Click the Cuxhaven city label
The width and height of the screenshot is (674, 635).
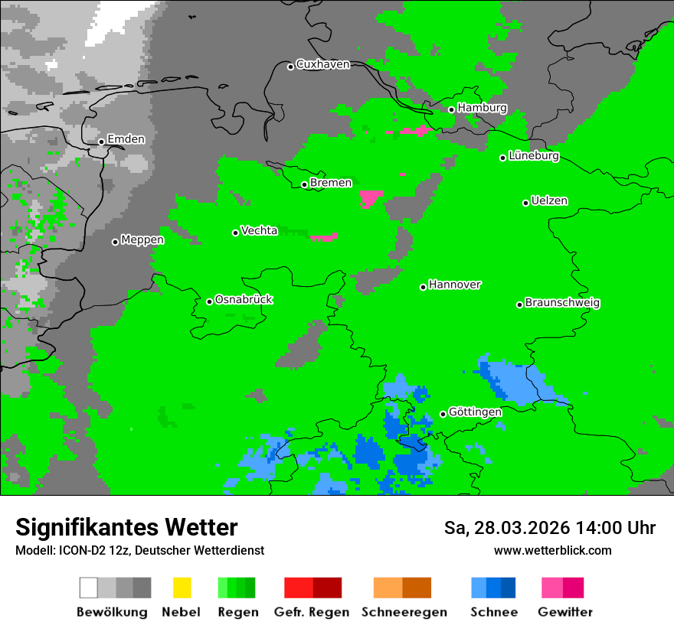point(322,64)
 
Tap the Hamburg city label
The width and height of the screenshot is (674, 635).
point(482,108)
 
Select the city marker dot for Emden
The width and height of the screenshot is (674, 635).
point(101,142)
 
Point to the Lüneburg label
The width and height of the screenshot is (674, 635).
point(534,156)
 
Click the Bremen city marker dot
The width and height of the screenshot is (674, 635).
point(304,184)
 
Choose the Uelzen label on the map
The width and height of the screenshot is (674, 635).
point(549,201)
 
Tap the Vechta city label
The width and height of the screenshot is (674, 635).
point(259,230)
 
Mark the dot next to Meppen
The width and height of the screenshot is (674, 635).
point(115,242)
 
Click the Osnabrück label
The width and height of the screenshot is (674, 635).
point(244,300)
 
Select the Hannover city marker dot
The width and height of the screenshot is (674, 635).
point(423,287)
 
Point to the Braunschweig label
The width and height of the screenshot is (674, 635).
point(562,303)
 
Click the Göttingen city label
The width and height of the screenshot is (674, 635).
point(475,412)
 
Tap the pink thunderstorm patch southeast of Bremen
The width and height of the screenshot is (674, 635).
point(371,199)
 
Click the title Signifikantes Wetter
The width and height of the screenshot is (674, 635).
point(126,527)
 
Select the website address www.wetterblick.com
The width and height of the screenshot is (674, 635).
point(552,550)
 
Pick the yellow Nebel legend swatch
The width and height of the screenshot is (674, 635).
point(182,588)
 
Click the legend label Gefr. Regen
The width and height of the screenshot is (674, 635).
point(312,612)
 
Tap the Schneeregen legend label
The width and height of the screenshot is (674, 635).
point(402,612)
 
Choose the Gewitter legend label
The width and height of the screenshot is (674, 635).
point(565,612)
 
